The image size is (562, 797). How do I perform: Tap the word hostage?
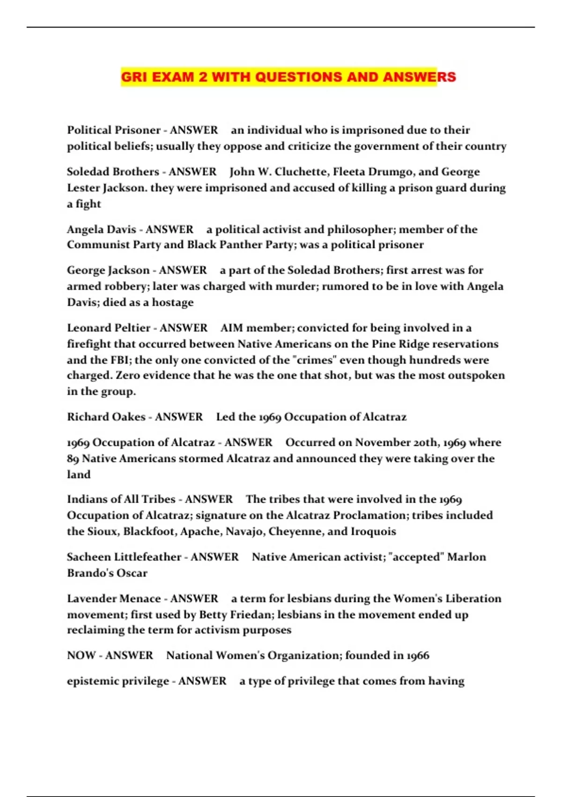pyautogui.click(x=173, y=302)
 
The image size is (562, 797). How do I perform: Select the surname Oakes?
pyautogui.click(x=126, y=417)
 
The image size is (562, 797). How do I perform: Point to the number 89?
pyautogui.click(x=73, y=459)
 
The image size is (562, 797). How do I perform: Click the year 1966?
pyautogui.click(x=417, y=655)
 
